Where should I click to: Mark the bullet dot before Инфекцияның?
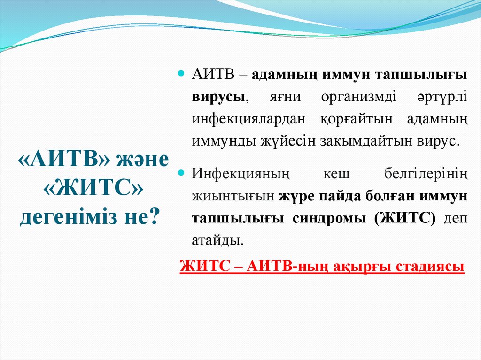[x=182, y=173]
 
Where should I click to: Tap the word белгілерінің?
[x=424, y=174]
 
